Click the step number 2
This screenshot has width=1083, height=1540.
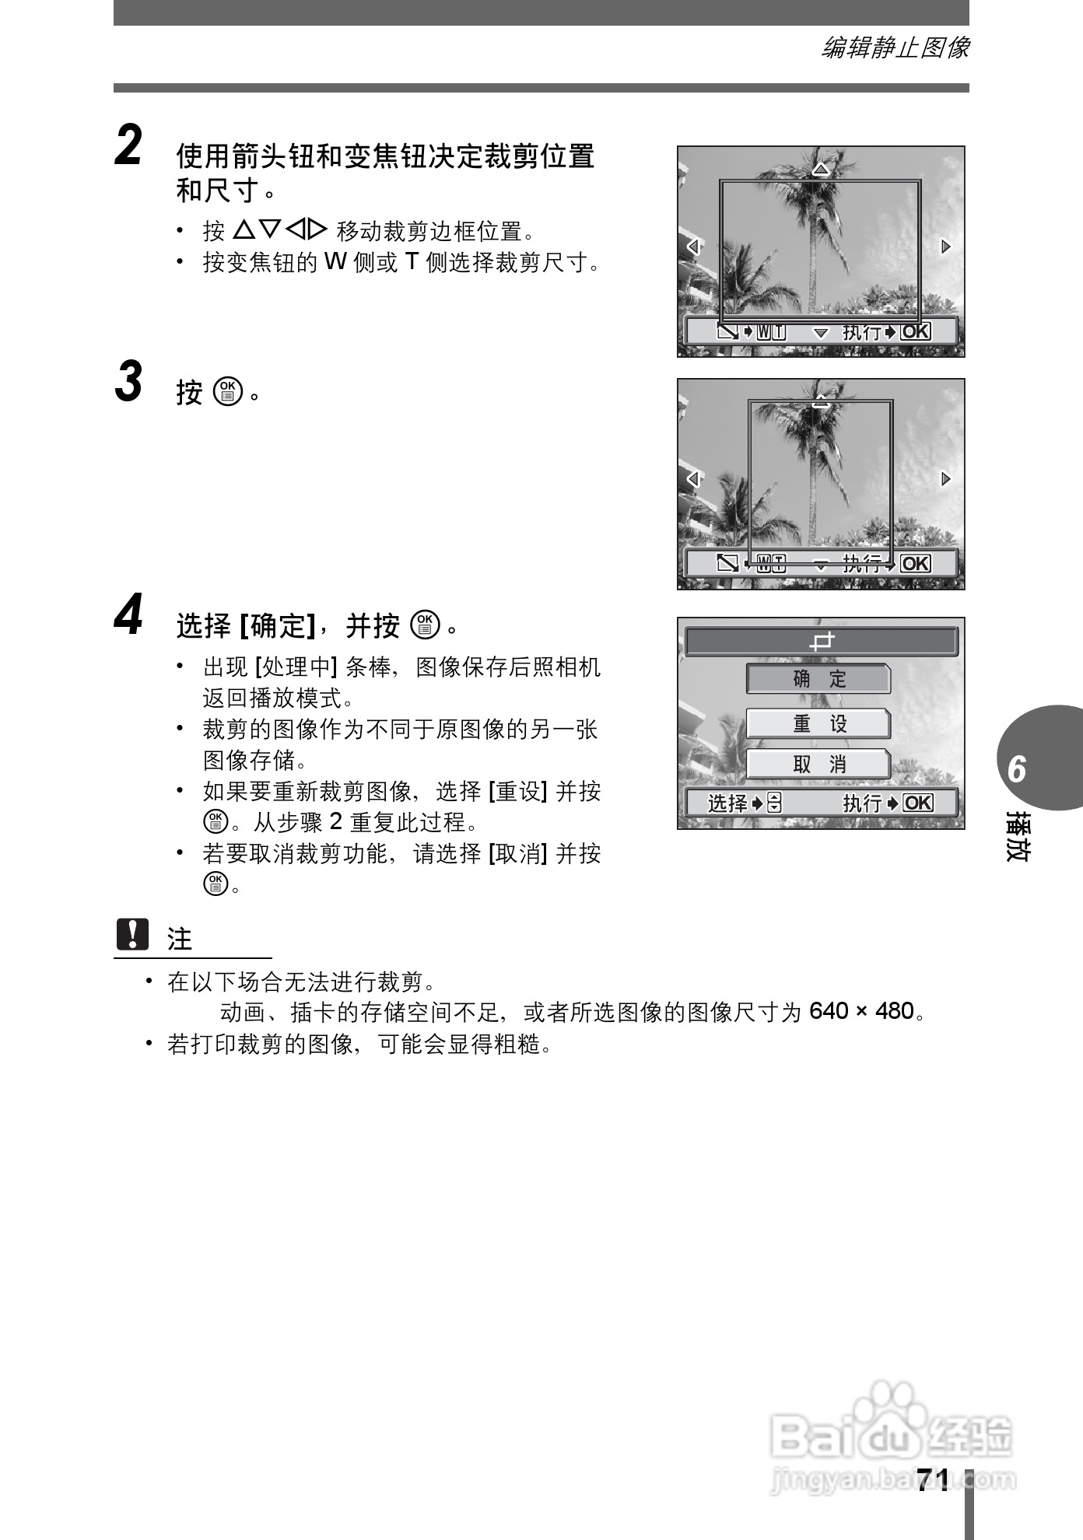point(128,146)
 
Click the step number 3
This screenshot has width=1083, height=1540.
point(128,382)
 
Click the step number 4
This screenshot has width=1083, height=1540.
point(128,615)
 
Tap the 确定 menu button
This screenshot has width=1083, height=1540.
point(818,679)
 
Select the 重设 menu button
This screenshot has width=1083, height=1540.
point(818,724)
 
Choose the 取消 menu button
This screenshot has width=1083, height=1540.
point(818,765)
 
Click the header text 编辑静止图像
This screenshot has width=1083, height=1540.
point(895,48)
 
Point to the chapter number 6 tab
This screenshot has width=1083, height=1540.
point(1017,769)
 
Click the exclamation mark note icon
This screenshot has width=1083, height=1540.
point(132,934)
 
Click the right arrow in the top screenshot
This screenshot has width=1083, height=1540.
point(945,247)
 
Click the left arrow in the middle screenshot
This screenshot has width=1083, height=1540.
point(693,478)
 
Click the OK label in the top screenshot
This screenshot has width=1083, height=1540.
point(916,332)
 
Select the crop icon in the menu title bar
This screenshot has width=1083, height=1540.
point(822,642)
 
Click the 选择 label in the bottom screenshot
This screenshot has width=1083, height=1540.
point(727,803)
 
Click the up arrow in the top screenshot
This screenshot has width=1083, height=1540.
point(821,169)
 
